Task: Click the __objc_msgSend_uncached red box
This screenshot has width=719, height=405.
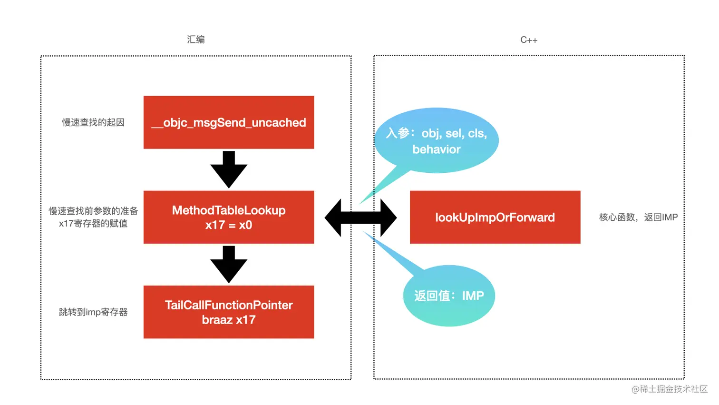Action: pyautogui.click(x=229, y=122)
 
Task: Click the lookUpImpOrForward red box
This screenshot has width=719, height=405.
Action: pyautogui.click(x=495, y=217)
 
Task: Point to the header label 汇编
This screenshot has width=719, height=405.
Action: pyautogui.click(x=195, y=40)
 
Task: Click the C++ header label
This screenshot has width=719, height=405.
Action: pyautogui.click(x=529, y=40)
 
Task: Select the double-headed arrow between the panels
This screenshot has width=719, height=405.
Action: pyautogui.click(x=360, y=217)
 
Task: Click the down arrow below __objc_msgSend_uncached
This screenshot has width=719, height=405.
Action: pyautogui.click(x=229, y=169)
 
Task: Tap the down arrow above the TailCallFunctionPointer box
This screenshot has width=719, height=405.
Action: pyautogui.click(x=229, y=264)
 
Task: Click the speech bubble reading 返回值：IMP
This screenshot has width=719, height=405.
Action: pyautogui.click(x=449, y=296)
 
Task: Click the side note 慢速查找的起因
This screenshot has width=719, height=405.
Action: pyautogui.click(x=93, y=122)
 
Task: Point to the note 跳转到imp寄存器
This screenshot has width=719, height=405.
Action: pyautogui.click(x=93, y=312)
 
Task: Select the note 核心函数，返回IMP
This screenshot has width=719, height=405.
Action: pyautogui.click(x=638, y=217)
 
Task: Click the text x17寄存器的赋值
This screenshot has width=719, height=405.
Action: pyautogui.click(x=93, y=224)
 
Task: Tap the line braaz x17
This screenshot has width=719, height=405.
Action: pyautogui.click(x=229, y=320)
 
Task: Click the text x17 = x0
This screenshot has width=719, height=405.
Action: pyautogui.click(x=229, y=225)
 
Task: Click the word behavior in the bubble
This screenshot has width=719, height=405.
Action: pyautogui.click(x=437, y=149)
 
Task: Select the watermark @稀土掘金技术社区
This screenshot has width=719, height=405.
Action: pyautogui.click(x=669, y=389)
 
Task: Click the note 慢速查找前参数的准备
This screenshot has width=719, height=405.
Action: pyautogui.click(x=93, y=211)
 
